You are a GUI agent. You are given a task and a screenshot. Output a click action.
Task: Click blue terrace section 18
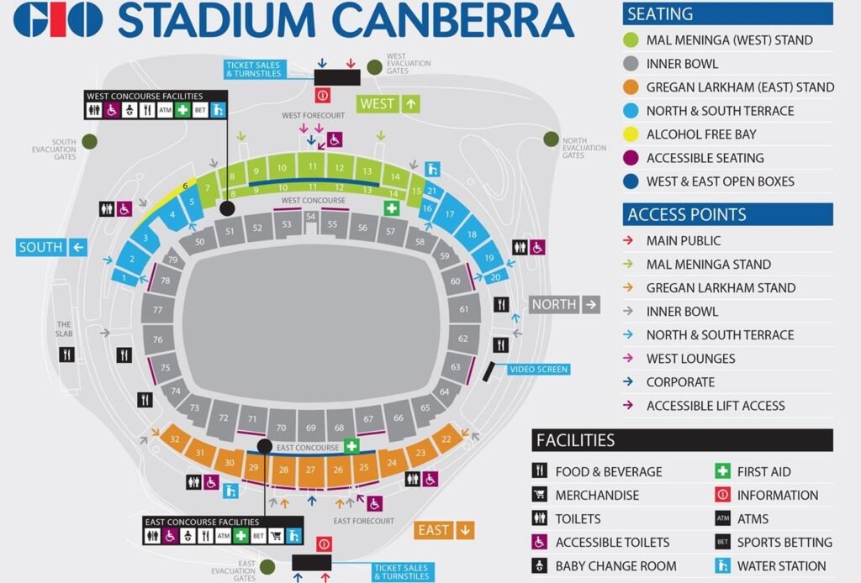coord(471,234)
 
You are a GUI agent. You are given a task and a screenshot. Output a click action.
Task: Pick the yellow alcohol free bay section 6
coord(185,186)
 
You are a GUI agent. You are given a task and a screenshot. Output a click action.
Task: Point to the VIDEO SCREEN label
coord(539,370)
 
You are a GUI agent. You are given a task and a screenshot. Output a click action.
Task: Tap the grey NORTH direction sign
coord(564,304)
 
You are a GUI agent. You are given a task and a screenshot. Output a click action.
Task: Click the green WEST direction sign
coord(388,104)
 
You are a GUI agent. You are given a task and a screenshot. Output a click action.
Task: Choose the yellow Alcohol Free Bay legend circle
coord(632,134)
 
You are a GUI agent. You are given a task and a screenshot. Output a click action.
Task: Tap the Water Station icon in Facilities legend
coord(722,566)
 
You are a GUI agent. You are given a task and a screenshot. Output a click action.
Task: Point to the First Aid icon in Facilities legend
coord(722,472)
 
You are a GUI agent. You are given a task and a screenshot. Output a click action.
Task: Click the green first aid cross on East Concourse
coord(351,446)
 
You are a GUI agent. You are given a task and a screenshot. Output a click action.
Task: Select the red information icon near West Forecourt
coord(322,95)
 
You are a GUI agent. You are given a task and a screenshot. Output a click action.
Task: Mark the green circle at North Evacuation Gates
coord(551,139)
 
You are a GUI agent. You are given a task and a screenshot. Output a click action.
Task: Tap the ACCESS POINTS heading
coord(687,215)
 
